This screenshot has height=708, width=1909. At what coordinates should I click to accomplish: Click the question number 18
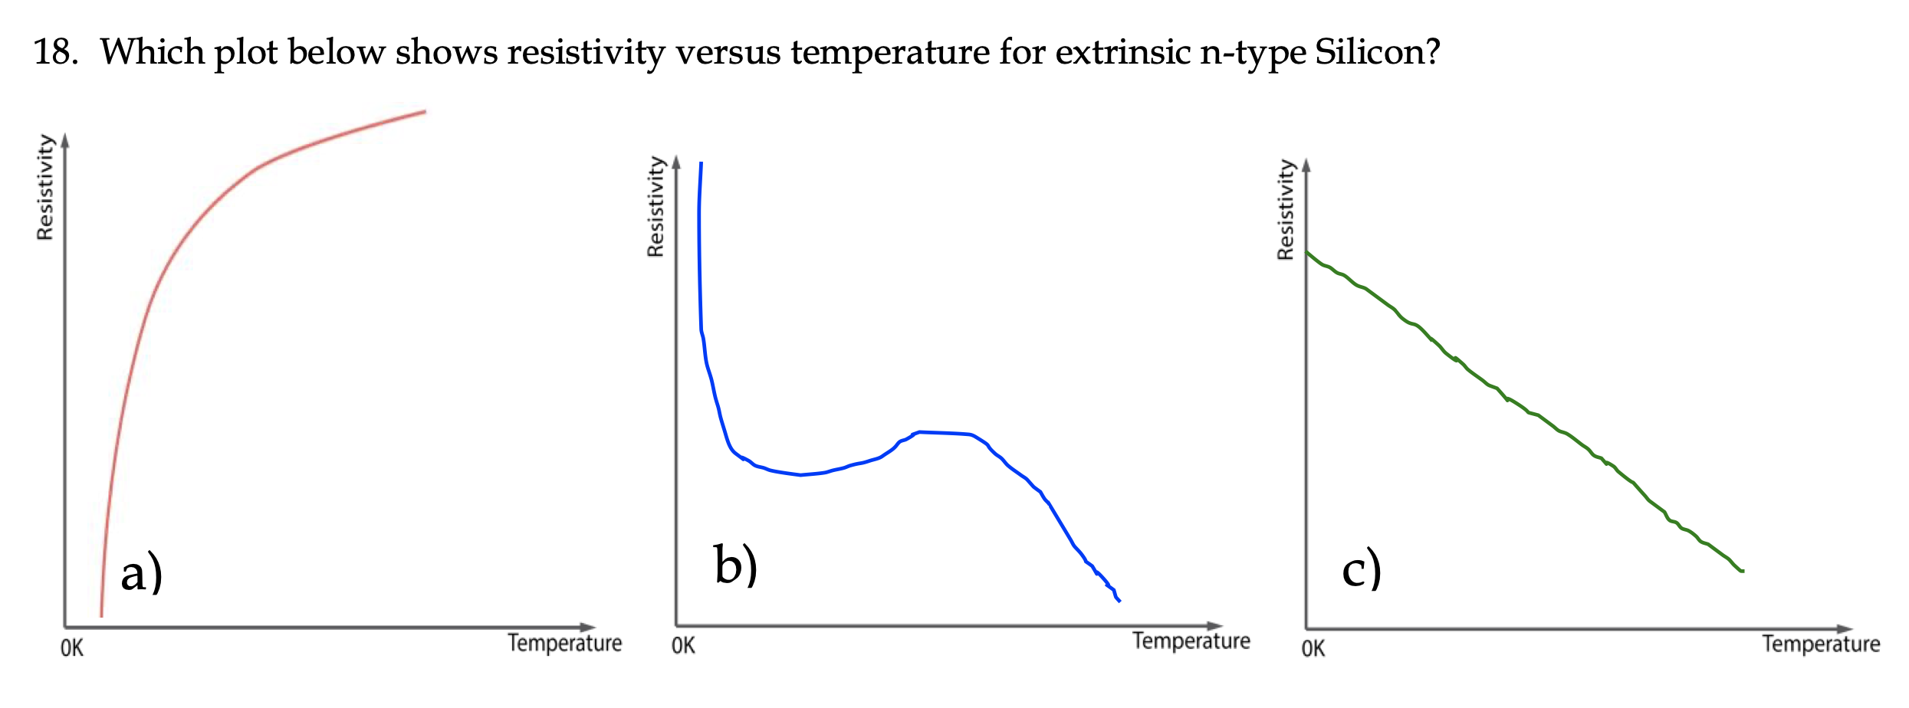(x=55, y=52)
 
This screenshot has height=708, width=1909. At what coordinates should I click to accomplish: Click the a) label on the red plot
(x=142, y=573)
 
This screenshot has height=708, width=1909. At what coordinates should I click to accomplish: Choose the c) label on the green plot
(x=1362, y=570)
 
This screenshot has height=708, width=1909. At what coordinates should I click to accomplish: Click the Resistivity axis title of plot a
(x=45, y=187)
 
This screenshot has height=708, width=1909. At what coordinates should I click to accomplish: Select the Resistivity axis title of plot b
(x=655, y=206)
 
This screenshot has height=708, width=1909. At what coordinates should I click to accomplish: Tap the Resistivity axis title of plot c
(x=1285, y=209)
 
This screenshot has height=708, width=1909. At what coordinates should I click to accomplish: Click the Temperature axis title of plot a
(x=564, y=643)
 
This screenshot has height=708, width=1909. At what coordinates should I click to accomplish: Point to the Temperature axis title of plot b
(x=1191, y=641)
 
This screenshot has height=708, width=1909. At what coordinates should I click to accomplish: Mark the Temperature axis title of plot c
(x=1820, y=644)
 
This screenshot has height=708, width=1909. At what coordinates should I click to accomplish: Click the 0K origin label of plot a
(x=72, y=649)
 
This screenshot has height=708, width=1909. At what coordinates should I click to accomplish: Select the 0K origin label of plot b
(x=683, y=646)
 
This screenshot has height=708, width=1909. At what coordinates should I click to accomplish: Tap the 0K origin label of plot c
(x=1313, y=649)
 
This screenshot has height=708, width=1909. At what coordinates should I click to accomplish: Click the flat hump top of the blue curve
(x=943, y=433)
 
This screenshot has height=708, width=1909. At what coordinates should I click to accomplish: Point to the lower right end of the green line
(x=1742, y=571)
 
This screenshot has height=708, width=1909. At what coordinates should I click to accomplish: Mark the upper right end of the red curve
(x=424, y=112)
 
